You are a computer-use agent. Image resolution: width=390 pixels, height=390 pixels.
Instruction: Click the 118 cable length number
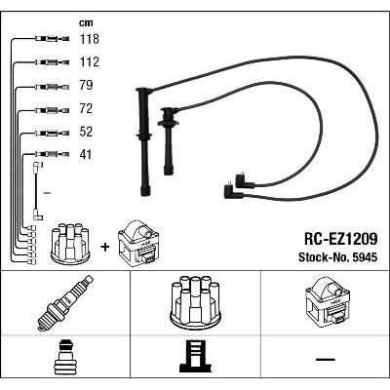(90, 39)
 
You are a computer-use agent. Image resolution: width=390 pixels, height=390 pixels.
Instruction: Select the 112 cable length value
(90, 61)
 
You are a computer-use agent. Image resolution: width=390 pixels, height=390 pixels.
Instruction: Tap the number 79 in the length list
(86, 85)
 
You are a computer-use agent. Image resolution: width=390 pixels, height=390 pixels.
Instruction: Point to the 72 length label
(86, 108)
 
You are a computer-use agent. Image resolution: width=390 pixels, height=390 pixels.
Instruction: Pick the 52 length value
(86, 132)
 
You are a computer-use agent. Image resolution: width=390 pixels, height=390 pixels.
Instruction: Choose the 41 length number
(86, 154)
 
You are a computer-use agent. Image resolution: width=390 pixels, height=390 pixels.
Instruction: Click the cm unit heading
(86, 23)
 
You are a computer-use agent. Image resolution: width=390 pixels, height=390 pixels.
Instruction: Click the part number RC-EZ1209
(341, 240)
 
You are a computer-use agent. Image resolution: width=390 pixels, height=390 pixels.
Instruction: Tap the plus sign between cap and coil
(105, 248)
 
